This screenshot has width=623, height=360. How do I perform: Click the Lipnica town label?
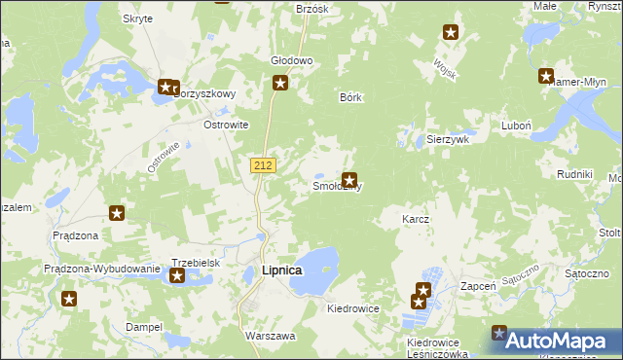[282, 270]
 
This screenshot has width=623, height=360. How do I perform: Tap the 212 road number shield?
[262, 165]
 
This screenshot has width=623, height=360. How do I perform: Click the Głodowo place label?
[291, 60]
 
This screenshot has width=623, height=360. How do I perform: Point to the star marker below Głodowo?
[280, 84]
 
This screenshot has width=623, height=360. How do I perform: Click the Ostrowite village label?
[226, 125]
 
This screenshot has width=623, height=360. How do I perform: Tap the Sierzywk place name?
[449, 139]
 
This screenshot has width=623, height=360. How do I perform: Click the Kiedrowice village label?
[353, 307]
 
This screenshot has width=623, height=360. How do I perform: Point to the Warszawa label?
[271, 336]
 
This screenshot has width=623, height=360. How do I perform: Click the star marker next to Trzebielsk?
[177, 277]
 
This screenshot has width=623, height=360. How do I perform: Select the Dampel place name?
[144, 327]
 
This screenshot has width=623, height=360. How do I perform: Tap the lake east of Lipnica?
[315, 270]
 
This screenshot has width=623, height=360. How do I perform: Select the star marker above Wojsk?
[451, 32]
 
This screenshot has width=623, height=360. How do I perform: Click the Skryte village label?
[137, 18]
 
